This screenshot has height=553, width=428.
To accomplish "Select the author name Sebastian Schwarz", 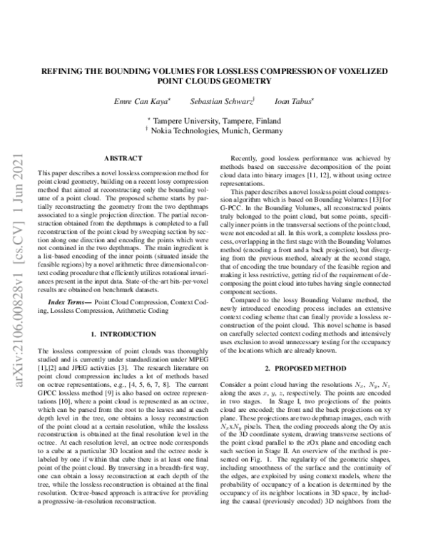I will point(219,101).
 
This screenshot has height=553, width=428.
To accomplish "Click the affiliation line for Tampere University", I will point(213,120).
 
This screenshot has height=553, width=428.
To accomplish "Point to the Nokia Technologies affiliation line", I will point(213,131).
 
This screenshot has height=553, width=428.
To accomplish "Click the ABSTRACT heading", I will point(123,157).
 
